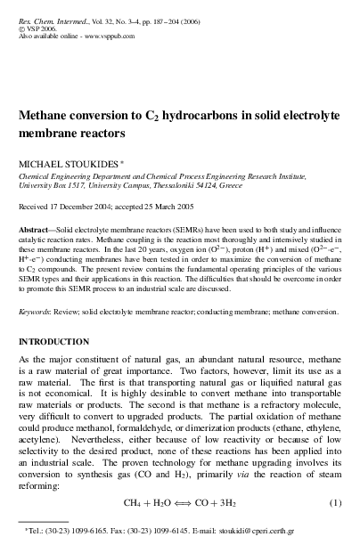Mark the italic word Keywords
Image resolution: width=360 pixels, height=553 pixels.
38,313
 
